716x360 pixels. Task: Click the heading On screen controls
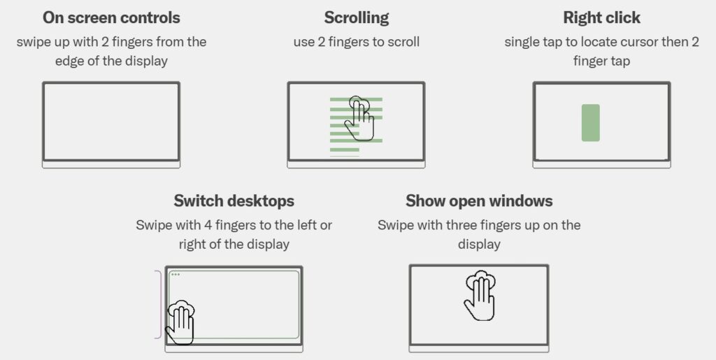(111, 17)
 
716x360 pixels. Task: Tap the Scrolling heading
(356, 17)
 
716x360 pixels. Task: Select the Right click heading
(601, 17)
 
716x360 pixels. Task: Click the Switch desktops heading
(234, 201)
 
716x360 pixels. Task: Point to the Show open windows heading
(479, 201)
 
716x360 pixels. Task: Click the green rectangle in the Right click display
(590, 123)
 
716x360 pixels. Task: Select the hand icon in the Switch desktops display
(180, 322)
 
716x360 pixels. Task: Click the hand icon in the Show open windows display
(480, 295)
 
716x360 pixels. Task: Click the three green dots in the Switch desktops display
(176, 274)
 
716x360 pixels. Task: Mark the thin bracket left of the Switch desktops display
(159, 304)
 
